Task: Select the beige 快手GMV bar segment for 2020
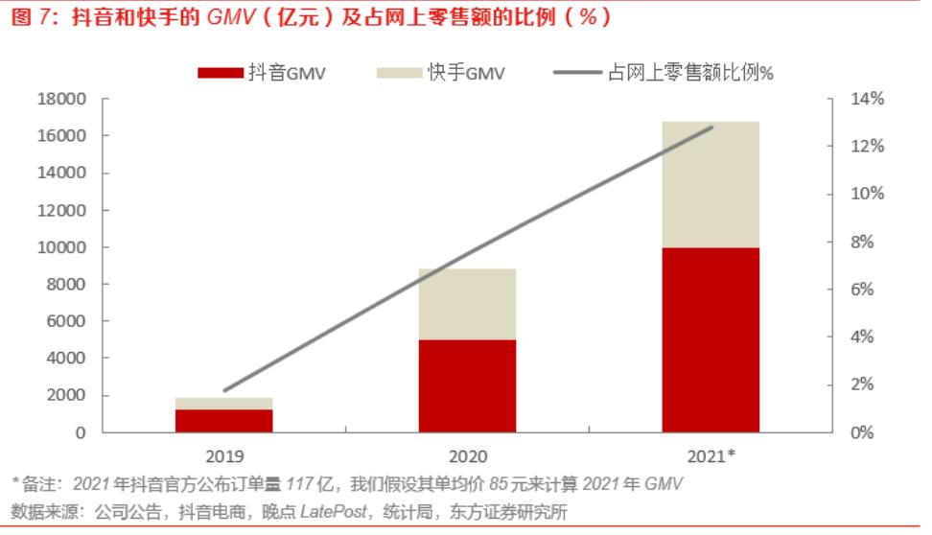[467, 304]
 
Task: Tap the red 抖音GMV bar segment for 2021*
[711, 339]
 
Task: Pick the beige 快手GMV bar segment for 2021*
[711, 184]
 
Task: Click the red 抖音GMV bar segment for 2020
[467, 385]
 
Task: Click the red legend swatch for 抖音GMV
[219, 73]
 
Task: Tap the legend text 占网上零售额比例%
[690, 73]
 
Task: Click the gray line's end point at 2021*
[712, 127]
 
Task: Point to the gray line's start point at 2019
[224, 390]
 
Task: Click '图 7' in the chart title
[31, 17]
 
